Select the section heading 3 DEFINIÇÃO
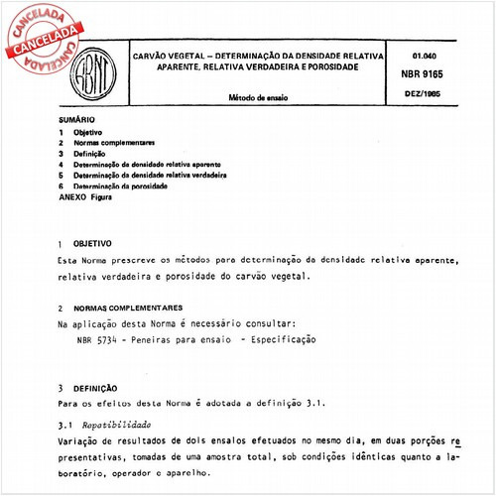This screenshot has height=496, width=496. (88, 388)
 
